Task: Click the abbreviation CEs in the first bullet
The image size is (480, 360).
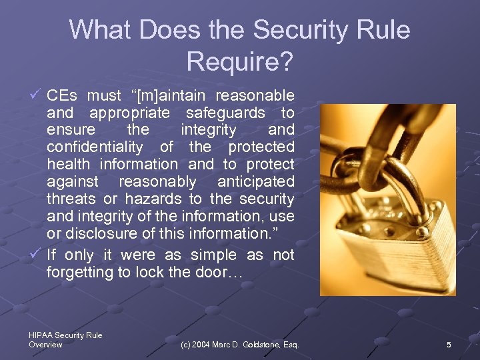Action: pyautogui.click(x=62, y=95)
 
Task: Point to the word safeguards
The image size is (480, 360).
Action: pyautogui.click(x=225, y=113)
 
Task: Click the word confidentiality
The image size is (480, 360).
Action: pyautogui.click(x=95, y=147)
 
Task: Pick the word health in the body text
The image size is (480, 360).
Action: pyautogui.click(x=69, y=164)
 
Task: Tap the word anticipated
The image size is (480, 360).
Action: pyautogui.click(x=256, y=181)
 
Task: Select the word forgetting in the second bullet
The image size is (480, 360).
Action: pyautogui.click(x=81, y=272)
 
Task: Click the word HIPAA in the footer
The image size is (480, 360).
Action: pyautogui.click(x=41, y=335)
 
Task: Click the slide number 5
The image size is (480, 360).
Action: pyautogui.click(x=449, y=345)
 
